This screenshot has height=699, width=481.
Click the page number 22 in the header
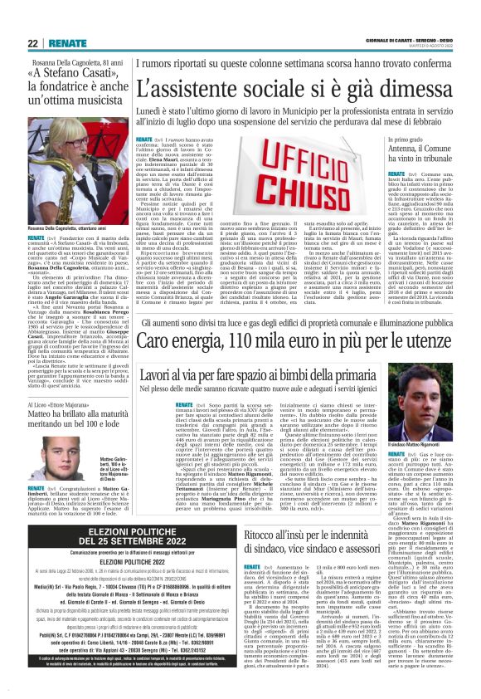32,42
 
